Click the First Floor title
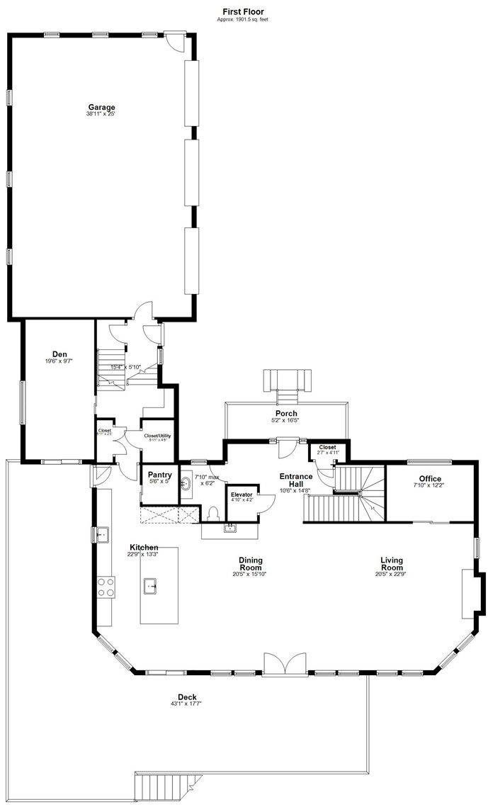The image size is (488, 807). (244, 12)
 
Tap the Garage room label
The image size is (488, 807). (101, 107)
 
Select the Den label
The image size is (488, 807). (59, 354)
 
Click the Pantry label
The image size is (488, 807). (159, 474)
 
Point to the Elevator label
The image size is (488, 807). (242, 494)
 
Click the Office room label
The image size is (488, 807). (430, 479)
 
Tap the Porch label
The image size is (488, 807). (286, 413)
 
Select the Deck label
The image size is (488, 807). (187, 696)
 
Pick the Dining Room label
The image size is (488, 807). (251, 563)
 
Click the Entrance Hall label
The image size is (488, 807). (295, 480)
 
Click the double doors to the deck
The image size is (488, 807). (284, 664)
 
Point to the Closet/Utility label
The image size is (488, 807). (157, 436)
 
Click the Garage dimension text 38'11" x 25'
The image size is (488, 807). (101, 114)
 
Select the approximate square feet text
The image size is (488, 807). (243, 19)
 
